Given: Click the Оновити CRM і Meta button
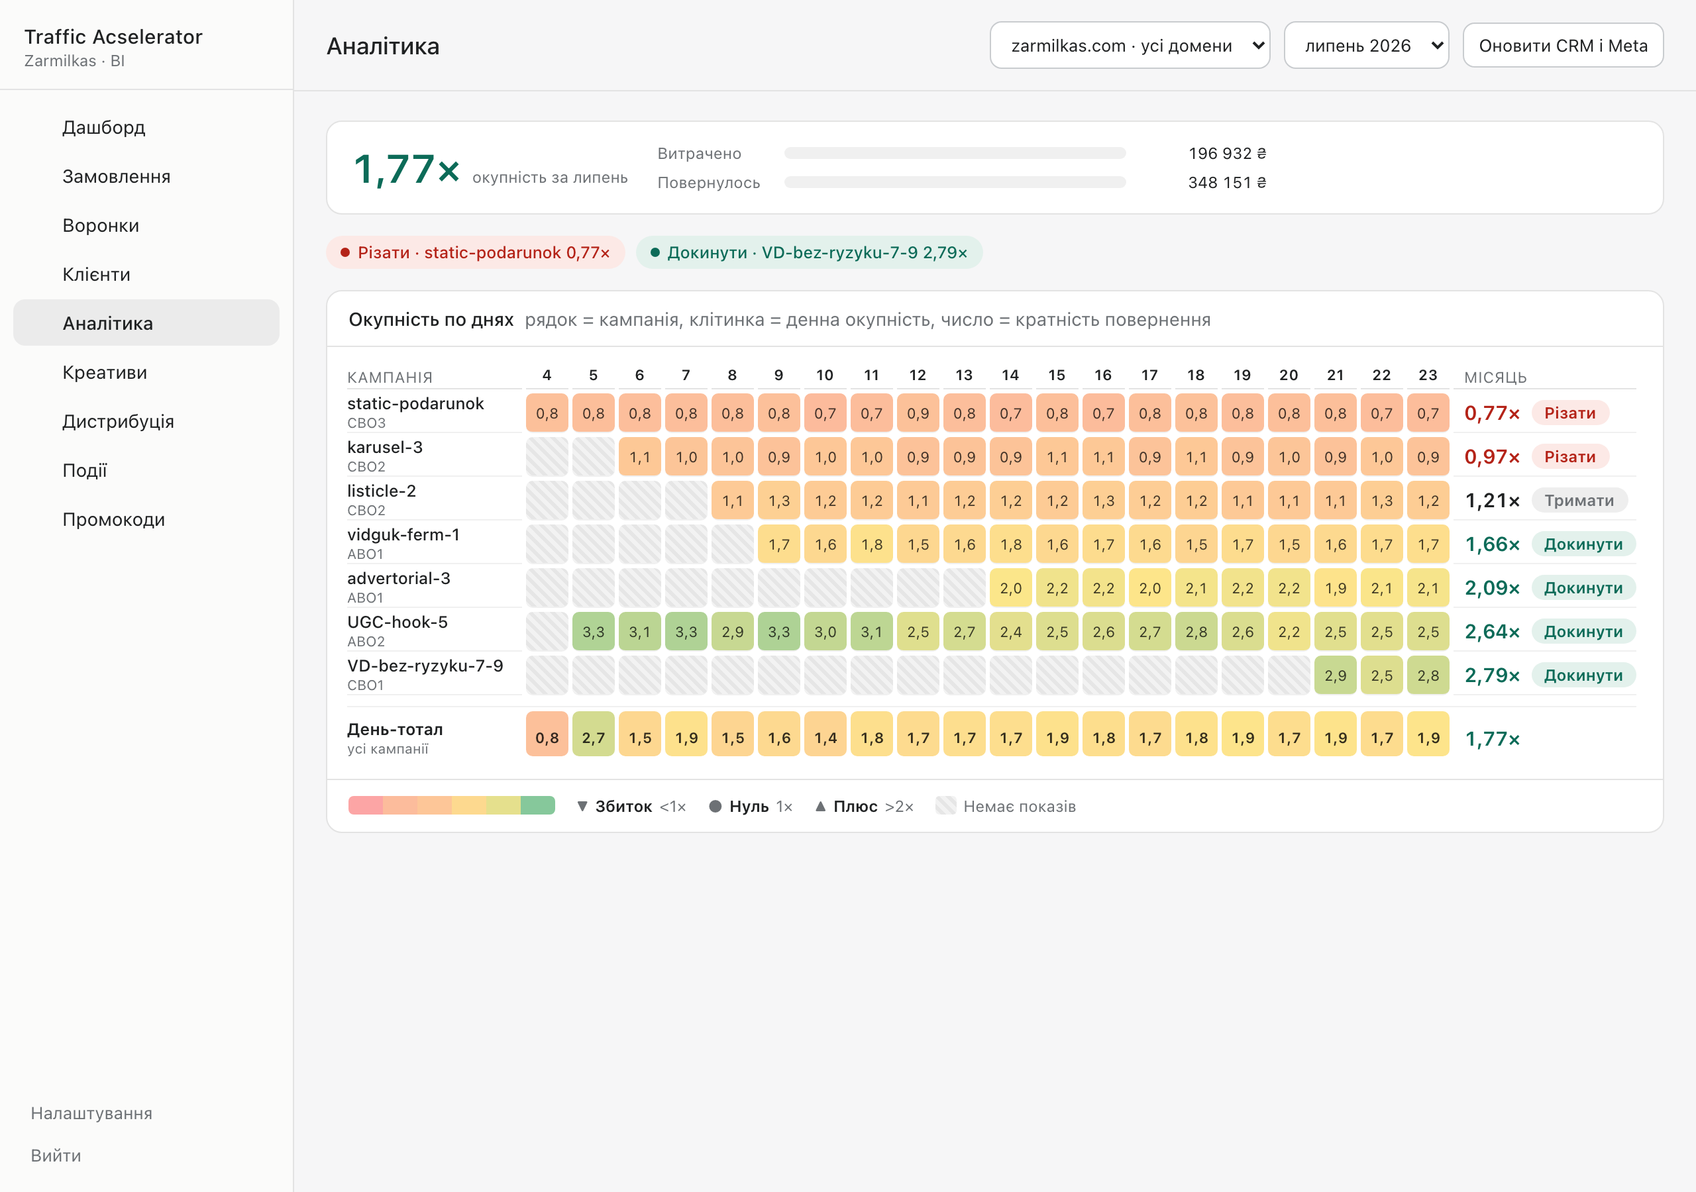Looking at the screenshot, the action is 1562,46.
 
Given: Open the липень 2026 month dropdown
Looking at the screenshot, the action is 1366,46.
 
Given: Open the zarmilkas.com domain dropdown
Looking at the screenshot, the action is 1130,46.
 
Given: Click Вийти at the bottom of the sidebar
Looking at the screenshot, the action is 56,1155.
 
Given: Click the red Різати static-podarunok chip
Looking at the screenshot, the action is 476,252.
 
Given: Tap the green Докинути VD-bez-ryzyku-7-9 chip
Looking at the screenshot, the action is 809,252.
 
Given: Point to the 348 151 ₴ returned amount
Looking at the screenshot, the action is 1227,182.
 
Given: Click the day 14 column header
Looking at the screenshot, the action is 1010,375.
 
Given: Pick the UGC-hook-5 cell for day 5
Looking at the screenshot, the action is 593,632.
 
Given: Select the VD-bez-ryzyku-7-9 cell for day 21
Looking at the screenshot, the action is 1335,675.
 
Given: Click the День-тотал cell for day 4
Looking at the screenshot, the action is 547,737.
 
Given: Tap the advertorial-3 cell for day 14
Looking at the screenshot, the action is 1010,588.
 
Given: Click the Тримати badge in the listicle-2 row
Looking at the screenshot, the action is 1579,501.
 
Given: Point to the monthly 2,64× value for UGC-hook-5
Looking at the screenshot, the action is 1492,632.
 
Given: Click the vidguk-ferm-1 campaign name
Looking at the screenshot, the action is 403,534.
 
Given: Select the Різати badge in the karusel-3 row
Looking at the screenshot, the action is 1569,457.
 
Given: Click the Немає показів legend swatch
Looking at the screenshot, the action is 945,806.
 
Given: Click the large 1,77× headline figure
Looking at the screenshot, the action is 406,168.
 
